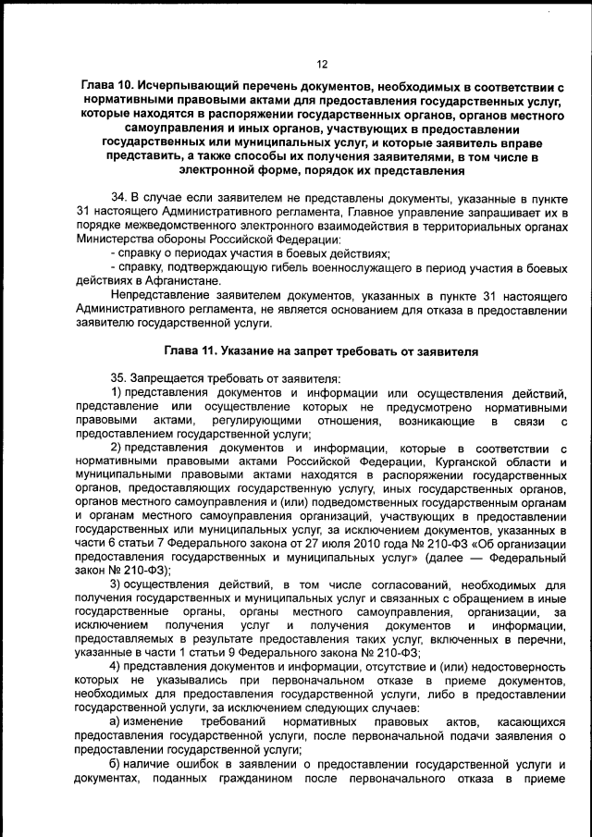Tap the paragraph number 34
[119, 198]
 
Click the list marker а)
[118, 721]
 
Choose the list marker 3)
[117, 585]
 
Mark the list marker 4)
[117, 668]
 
